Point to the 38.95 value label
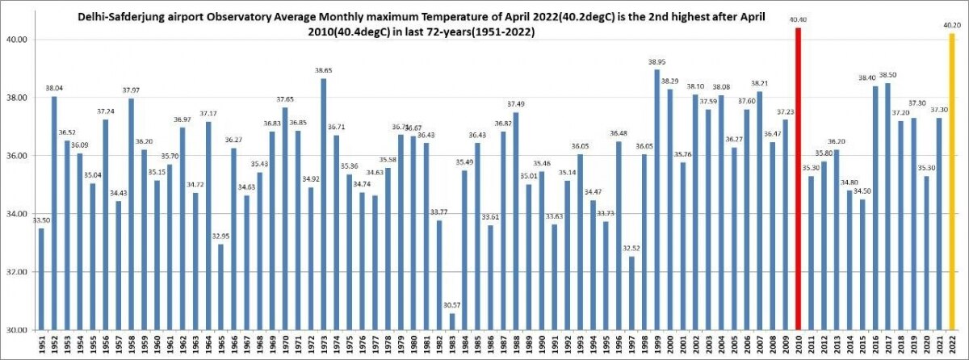click(x=657, y=62)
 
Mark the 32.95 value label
click(x=221, y=237)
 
